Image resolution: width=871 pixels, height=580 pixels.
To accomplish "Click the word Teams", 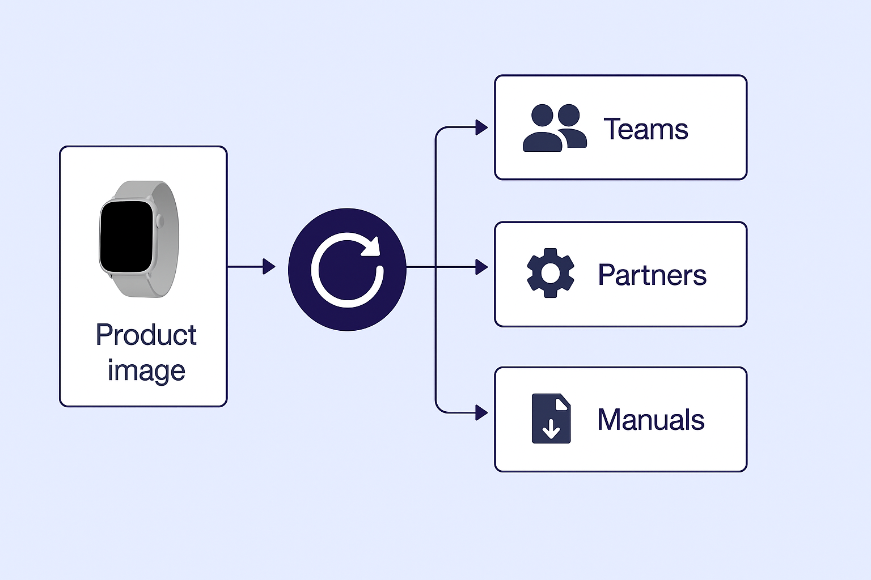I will coord(645,129).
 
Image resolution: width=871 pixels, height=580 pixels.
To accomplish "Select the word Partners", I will coord(652,275).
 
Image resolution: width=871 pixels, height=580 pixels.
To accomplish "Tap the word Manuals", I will coord(650,420).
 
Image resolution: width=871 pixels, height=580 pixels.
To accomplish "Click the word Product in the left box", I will coord(146,335).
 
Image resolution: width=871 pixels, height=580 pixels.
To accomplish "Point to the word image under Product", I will coord(146,371).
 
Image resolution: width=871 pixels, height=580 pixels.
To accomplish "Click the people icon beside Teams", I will coord(554,128).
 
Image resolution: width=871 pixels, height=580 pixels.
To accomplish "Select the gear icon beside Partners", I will coord(550,273).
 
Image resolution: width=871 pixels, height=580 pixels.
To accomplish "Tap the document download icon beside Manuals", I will coord(551,419).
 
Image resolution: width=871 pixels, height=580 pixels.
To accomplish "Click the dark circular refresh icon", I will coord(347,270).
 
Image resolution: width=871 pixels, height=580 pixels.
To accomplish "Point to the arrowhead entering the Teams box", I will coord(481,127).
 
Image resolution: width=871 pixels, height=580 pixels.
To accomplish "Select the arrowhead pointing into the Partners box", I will coord(481,267).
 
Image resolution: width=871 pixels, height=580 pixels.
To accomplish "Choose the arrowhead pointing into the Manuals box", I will coord(481,412).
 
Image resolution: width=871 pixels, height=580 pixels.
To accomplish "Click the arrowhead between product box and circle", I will coord(269,266).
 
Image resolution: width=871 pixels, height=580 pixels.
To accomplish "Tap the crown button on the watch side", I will coord(160,221).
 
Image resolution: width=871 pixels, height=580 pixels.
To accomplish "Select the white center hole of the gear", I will coord(550,273).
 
